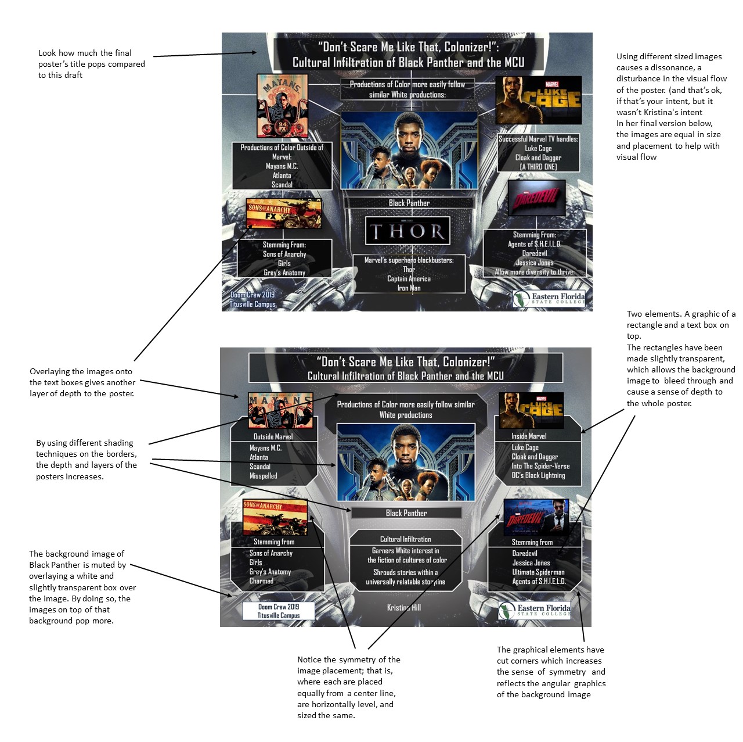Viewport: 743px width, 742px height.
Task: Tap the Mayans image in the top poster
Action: point(282,106)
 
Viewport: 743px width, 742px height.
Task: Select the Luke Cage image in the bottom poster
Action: point(531,410)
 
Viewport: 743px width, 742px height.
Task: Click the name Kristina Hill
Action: point(404,608)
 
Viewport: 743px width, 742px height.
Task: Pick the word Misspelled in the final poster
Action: point(264,476)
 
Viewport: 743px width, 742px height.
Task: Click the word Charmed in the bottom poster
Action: point(261,581)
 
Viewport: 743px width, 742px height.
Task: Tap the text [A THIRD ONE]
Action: point(538,167)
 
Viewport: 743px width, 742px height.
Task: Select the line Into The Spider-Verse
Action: point(540,466)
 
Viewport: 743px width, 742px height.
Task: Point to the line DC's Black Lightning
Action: point(538,475)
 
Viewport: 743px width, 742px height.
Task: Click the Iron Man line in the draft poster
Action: point(409,288)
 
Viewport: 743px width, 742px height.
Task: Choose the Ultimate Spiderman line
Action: point(538,572)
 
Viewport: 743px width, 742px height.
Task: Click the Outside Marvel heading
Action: point(273,436)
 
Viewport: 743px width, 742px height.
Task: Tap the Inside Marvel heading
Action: point(529,436)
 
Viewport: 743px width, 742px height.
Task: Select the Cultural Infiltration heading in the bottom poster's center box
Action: point(406,539)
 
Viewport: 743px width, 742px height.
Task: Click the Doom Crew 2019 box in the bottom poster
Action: point(279,611)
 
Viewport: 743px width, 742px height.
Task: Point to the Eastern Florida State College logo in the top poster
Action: point(549,299)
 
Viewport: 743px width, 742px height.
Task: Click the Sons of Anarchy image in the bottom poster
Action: point(275,516)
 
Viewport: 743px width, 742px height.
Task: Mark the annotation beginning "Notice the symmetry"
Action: point(348,687)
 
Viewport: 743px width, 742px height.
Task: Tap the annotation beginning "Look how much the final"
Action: point(91,64)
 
